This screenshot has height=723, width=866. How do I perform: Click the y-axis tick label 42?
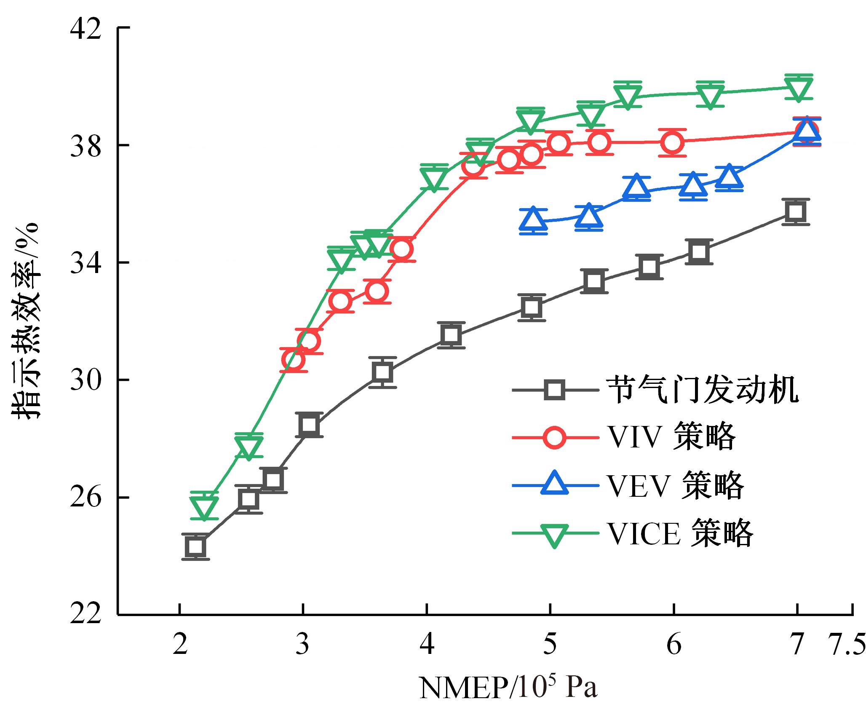coord(86,29)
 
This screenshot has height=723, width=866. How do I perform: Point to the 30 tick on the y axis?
coord(86,380)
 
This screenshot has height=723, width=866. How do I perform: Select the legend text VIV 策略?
coord(671,437)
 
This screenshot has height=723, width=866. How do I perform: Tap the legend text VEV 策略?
coord(675,486)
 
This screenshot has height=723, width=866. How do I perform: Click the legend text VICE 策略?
coord(679,534)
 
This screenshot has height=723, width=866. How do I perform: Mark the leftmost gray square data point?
coord(195,547)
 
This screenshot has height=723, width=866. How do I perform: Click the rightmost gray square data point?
coord(796,211)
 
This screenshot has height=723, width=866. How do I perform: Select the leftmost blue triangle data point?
coord(533,220)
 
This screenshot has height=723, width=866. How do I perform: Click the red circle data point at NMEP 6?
coord(672,143)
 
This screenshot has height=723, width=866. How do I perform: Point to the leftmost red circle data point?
coord(293,360)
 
